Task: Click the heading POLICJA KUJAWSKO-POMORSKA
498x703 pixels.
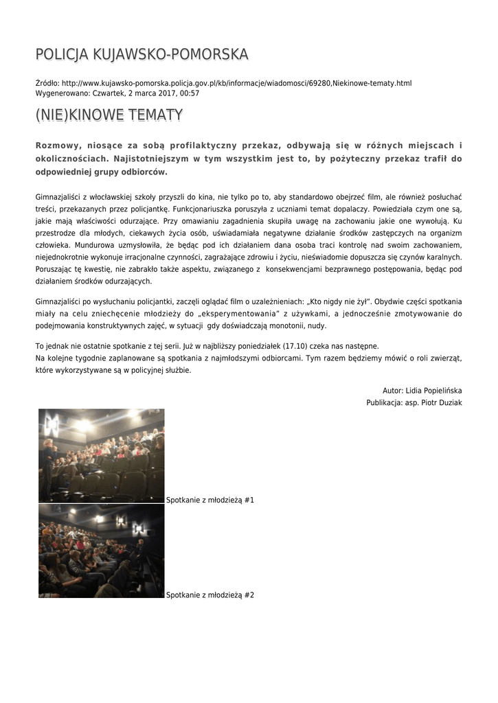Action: [142, 54]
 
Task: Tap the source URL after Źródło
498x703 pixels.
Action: [237, 83]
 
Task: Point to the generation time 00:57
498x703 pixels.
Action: [190, 93]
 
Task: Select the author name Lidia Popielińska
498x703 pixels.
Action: [433, 390]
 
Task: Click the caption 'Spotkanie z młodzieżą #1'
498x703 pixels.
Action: [210, 500]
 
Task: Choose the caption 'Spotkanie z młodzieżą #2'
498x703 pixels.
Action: [210, 595]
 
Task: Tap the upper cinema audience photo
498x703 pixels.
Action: [102, 456]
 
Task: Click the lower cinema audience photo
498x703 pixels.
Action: [102, 551]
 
